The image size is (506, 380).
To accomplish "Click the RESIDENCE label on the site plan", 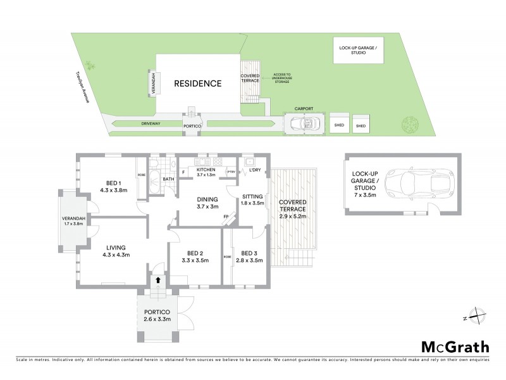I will [198, 84].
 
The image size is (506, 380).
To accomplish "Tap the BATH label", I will [168, 179].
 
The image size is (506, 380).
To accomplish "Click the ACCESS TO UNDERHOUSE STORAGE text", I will [281, 77].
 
